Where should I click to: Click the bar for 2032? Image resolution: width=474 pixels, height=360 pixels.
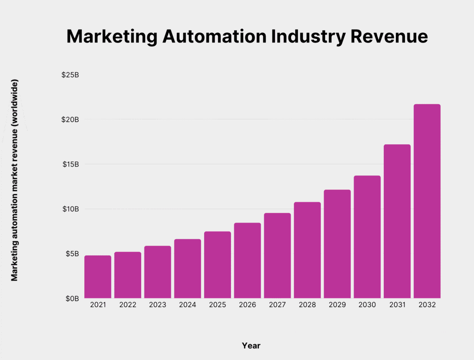pos(427,201)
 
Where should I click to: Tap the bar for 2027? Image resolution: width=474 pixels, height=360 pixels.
pos(277,255)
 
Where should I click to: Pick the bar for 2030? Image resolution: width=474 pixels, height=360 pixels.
pos(367,237)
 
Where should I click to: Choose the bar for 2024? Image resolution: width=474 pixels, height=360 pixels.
pos(187,268)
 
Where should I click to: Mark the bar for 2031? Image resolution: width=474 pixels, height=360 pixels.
pos(397,221)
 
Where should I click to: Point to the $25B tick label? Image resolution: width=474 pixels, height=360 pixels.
pos(70,75)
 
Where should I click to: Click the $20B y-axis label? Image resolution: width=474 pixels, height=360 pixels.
pos(70,119)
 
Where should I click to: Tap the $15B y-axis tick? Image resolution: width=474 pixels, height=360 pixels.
pos(70,164)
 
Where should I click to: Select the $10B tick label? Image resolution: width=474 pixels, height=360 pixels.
pos(70,209)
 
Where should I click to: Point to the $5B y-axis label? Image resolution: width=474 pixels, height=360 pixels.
pos(72,254)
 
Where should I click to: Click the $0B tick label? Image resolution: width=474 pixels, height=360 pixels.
pos(72,298)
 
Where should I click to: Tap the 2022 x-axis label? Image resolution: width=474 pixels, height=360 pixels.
pos(128,305)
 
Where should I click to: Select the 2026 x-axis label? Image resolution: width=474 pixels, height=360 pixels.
pos(247,305)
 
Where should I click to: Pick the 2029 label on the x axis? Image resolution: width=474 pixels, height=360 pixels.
pos(337,305)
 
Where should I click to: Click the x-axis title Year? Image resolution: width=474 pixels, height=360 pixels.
pos(251,346)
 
